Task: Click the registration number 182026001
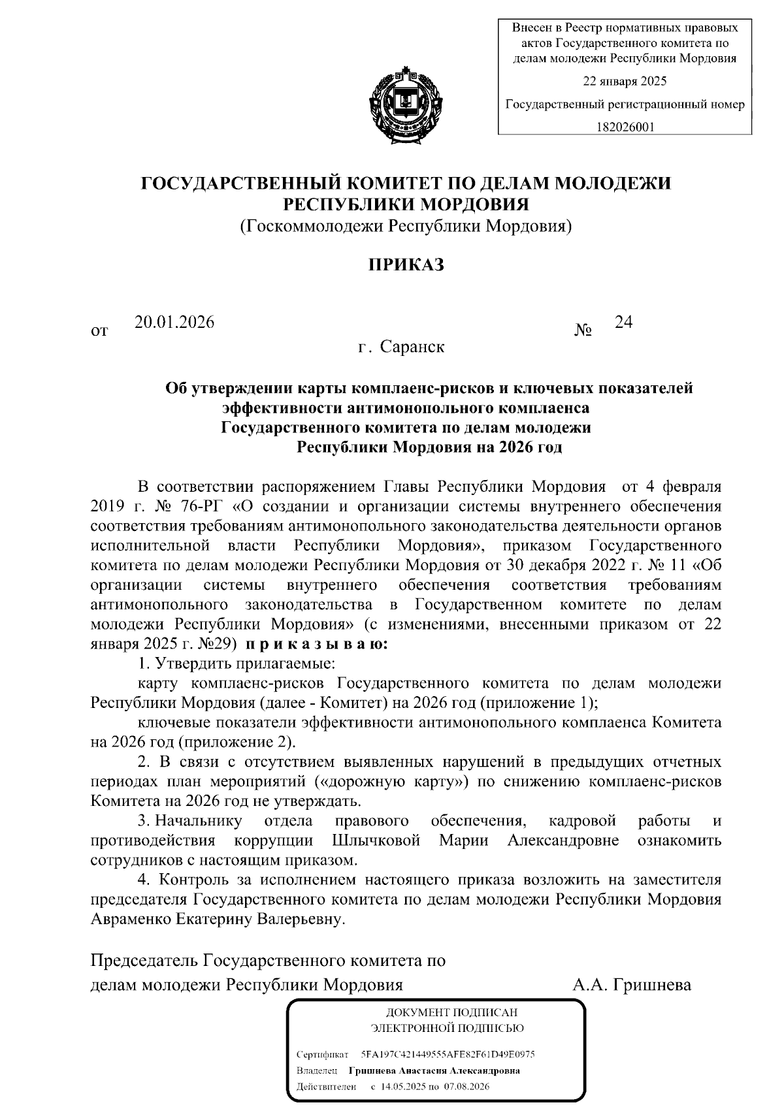pos(625,127)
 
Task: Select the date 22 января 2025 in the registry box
pos(625,82)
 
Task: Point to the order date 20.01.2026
pos(174,322)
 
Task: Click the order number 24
pos(623,322)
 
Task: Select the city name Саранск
pos(413,347)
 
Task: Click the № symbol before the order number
pos(583,331)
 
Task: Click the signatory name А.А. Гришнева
pos(632,984)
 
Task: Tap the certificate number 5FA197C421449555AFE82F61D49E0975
pos(448,1055)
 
